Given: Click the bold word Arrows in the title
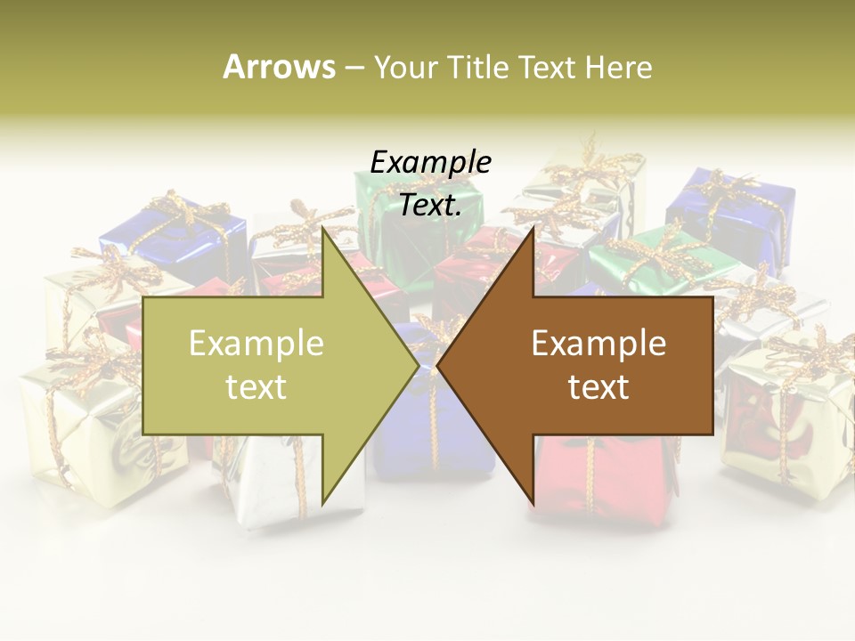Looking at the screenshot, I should tap(279, 67).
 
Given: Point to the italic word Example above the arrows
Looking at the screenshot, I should tap(430, 162).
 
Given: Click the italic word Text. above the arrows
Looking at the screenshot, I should tap(430, 205).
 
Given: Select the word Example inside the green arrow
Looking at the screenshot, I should tap(256, 343).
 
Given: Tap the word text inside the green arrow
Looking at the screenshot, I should tap(256, 386).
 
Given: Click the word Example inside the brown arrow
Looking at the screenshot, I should tap(598, 343).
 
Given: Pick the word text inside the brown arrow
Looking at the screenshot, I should tap(598, 386).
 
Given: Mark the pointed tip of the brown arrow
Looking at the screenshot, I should tap(439, 365).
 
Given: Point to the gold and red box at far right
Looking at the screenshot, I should tap(784, 410).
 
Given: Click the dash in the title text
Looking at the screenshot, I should tap(354, 68).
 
